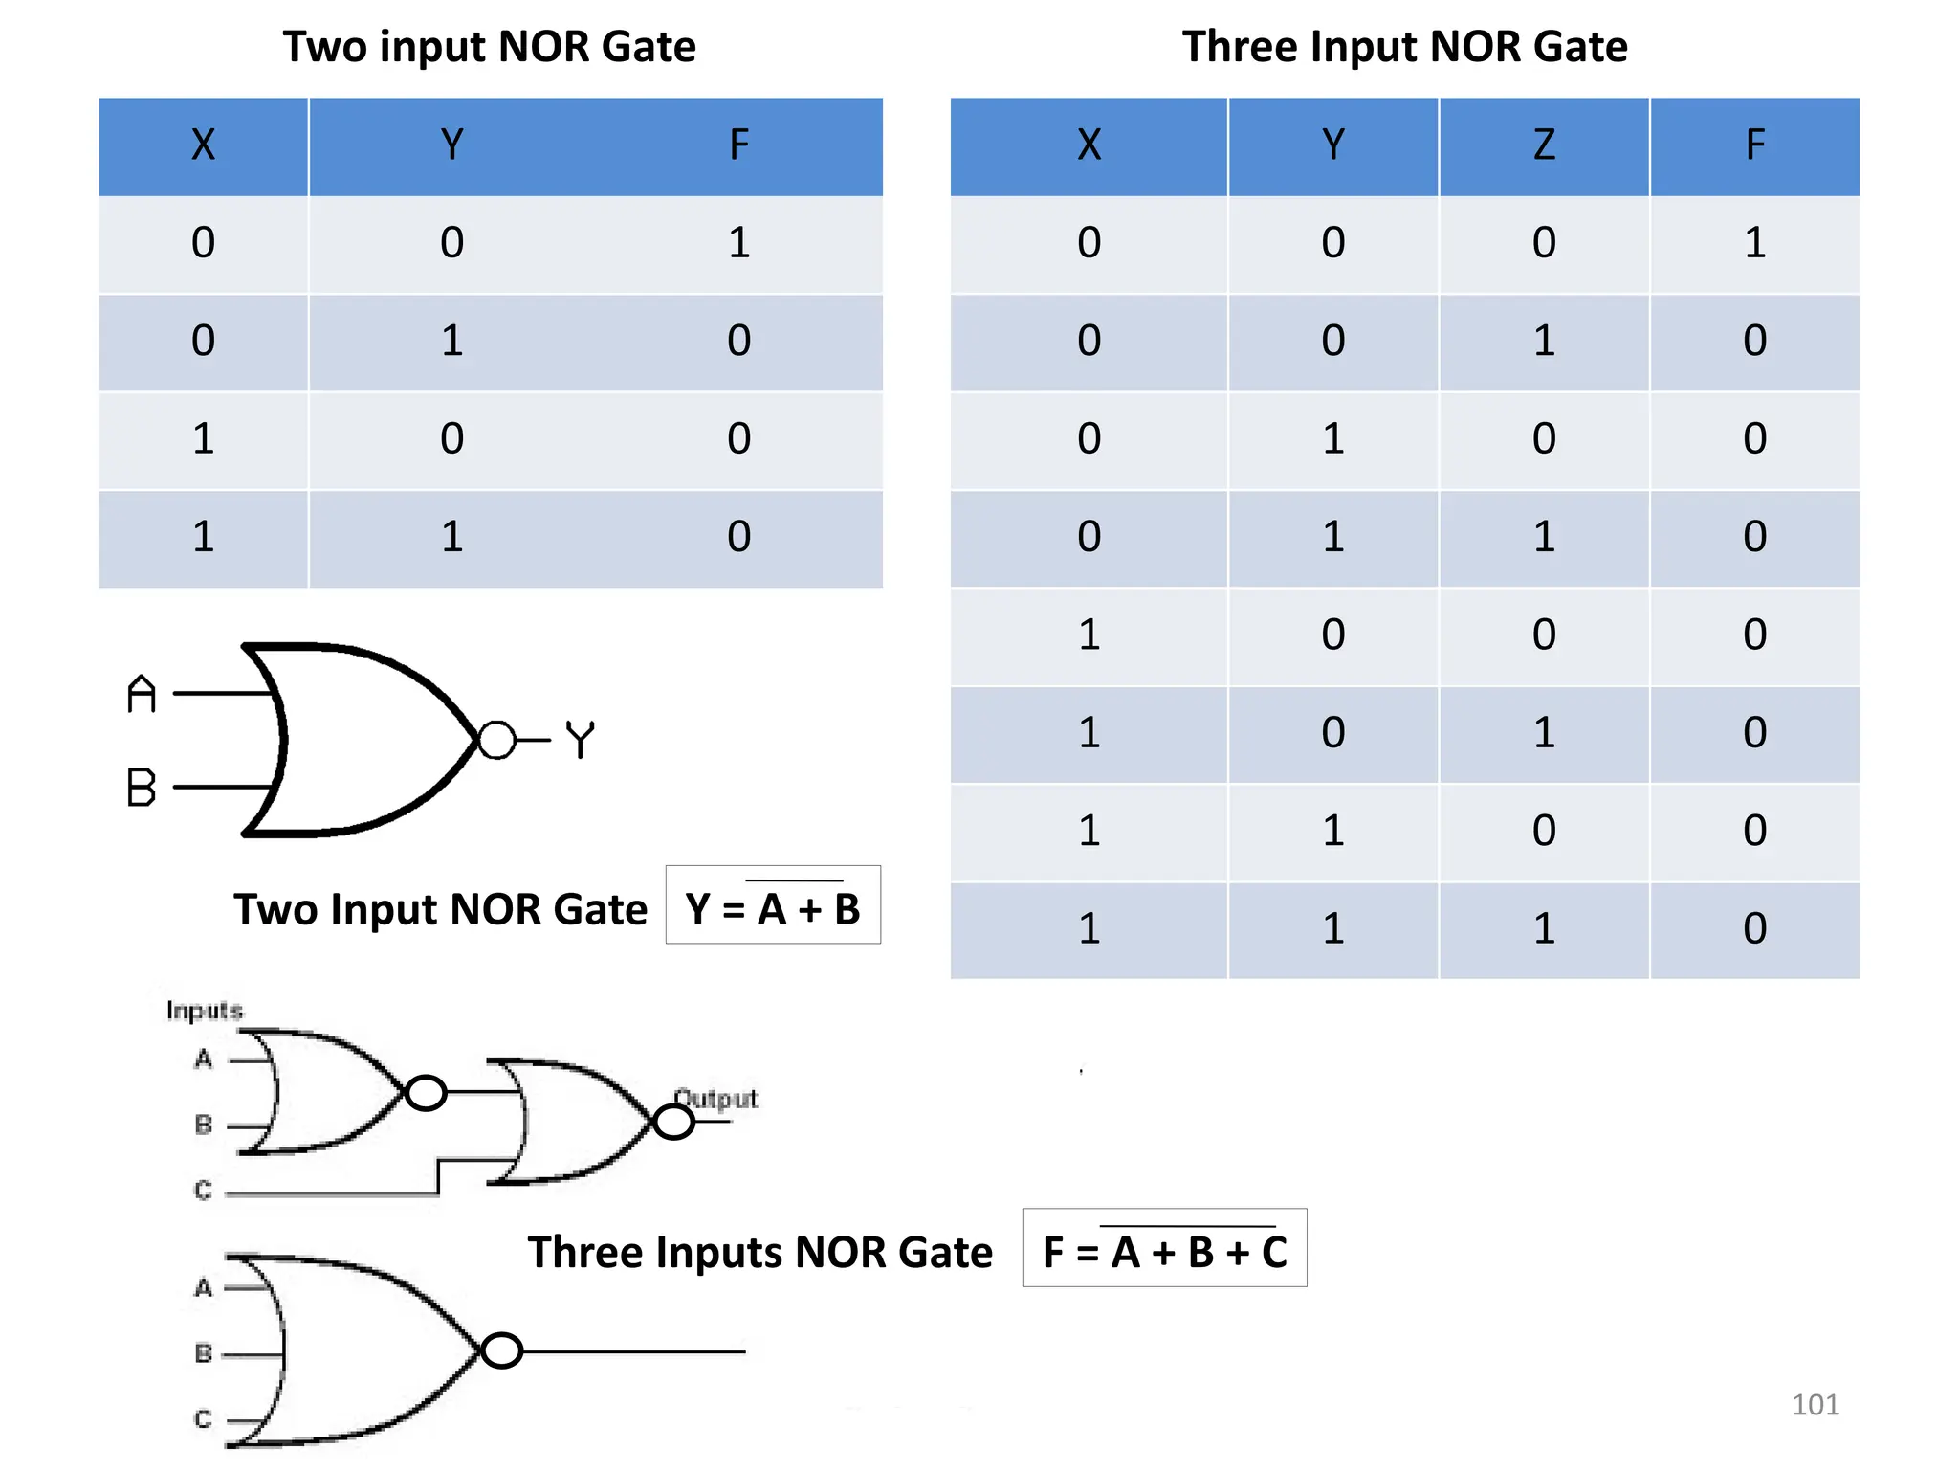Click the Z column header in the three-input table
tap(1543, 145)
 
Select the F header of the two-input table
tap(738, 145)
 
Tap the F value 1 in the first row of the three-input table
tap(1753, 243)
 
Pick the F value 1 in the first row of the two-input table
tap(738, 243)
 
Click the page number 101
tap(1815, 1404)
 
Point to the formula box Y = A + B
tap(773, 906)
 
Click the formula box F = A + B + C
tap(1164, 1249)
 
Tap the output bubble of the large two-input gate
tap(496, 740)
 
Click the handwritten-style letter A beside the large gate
tap(142, 694)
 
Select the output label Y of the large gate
tap(580, 740)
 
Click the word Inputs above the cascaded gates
tap(204, 1011)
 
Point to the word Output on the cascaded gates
tap(715, 1098)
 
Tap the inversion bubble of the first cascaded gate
tap(426, 1092)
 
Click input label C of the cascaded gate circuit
tap(203, 1190)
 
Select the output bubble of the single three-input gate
tap(502, 1350)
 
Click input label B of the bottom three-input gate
tap(203, 1352)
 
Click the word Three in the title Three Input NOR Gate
tap(1240, 47)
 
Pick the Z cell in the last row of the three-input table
tap(1543, 928)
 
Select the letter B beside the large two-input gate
tap(142, 788)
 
